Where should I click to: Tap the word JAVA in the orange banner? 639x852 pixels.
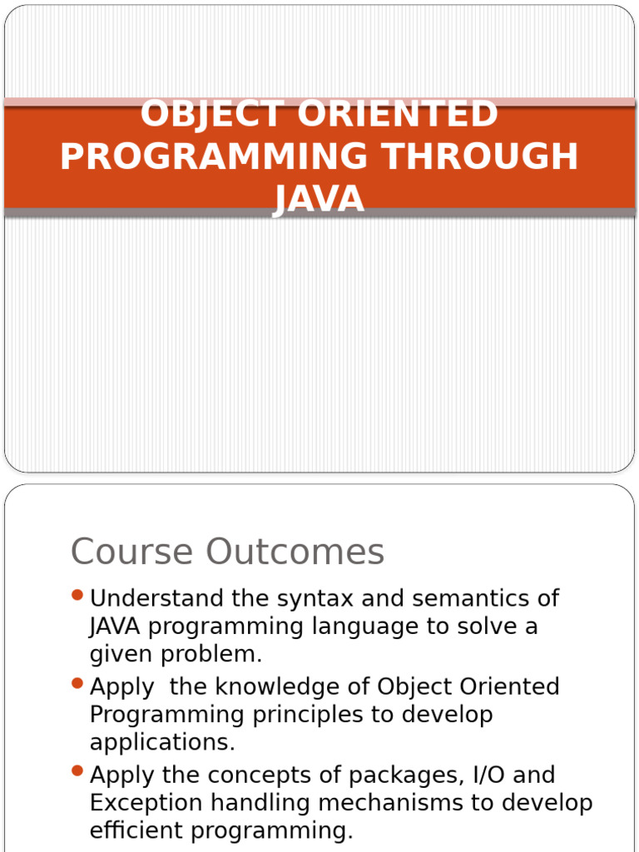pos(319,200)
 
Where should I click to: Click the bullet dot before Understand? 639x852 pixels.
pos(78,595)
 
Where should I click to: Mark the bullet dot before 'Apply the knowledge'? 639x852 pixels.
pos(78,683)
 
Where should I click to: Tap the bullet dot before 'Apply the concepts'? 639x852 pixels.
pos(78,771)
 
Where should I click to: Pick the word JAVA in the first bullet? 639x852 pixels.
pos(115,626)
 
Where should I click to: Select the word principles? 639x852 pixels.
pos(319,715)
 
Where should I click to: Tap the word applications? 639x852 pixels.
pos(162,742)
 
